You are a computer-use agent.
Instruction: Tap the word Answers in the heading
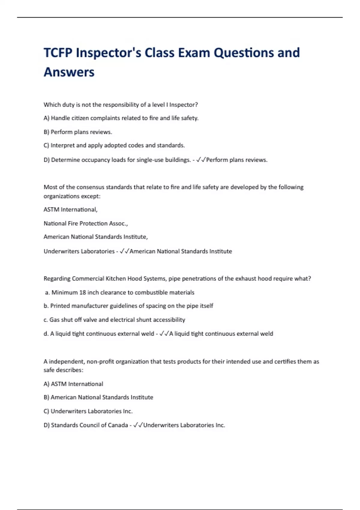coord(69,72)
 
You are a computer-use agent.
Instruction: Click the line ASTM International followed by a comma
coord(70,210)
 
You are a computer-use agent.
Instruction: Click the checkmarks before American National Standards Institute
coord(124,251)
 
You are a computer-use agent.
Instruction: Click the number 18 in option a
coord(82,292)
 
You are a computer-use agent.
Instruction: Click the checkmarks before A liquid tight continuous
coord(164,334)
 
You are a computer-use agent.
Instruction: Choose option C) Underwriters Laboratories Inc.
coord(88,411)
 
